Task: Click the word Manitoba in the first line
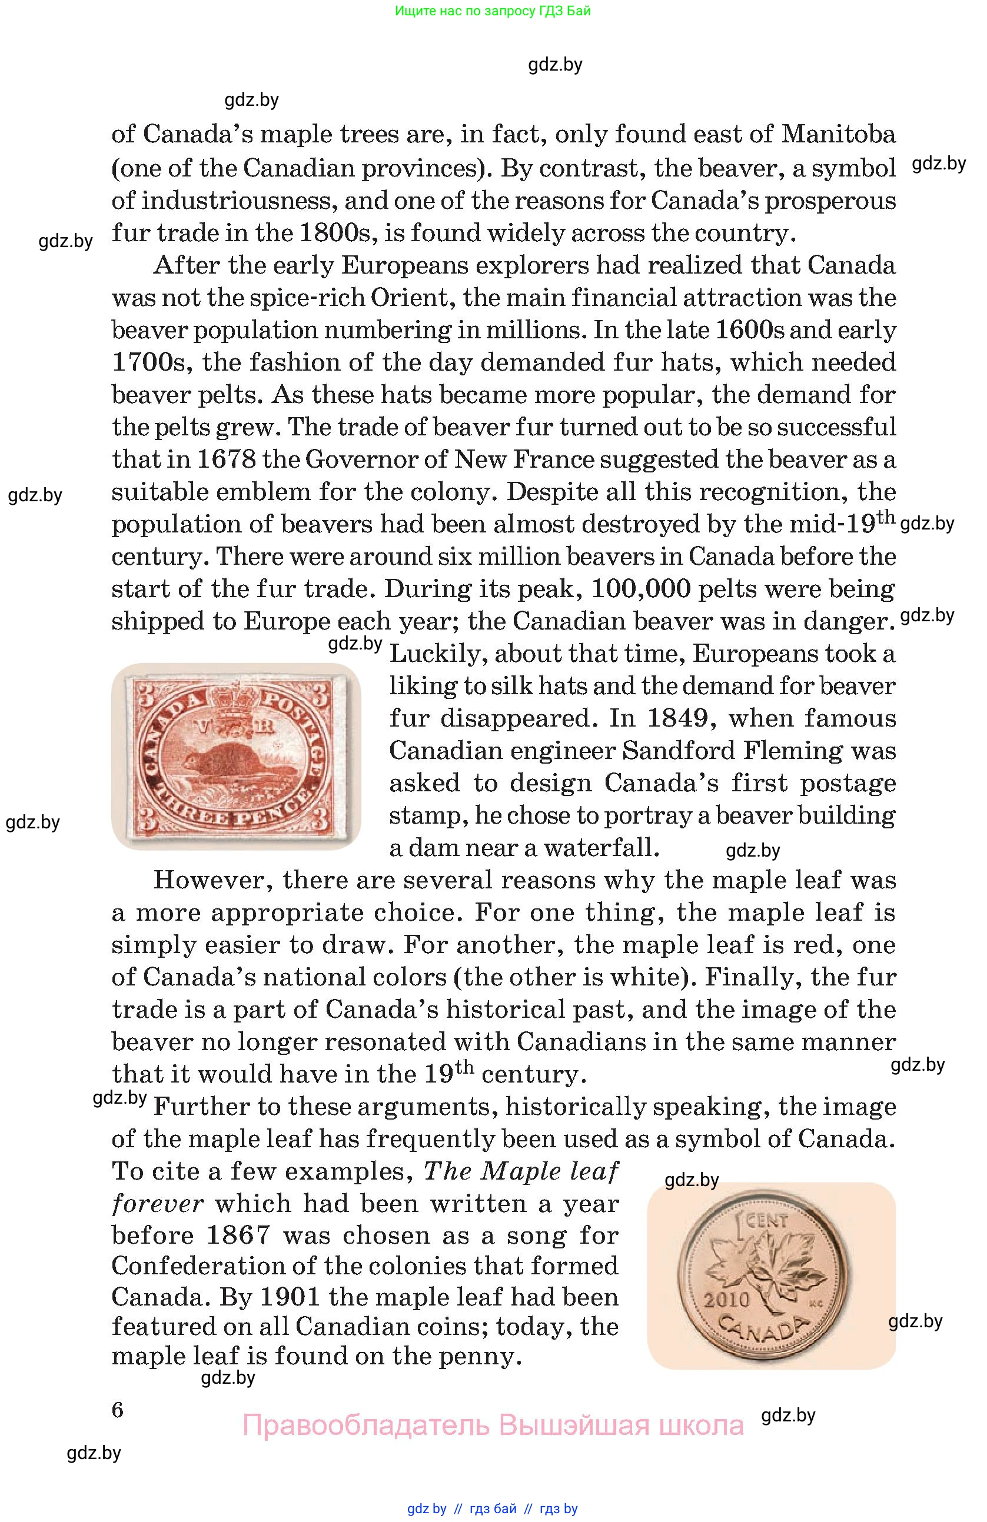tap(838, 134)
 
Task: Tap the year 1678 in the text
tap(227, 459)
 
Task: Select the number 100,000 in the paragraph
tap(641, 588)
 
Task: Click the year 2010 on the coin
tap(727, 1299)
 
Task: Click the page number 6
tap(118, 1410)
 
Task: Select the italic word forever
tap(157, 1204)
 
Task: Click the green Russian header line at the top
tap(493, 11)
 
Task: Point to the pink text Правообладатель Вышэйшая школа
tap(493, 1426)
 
